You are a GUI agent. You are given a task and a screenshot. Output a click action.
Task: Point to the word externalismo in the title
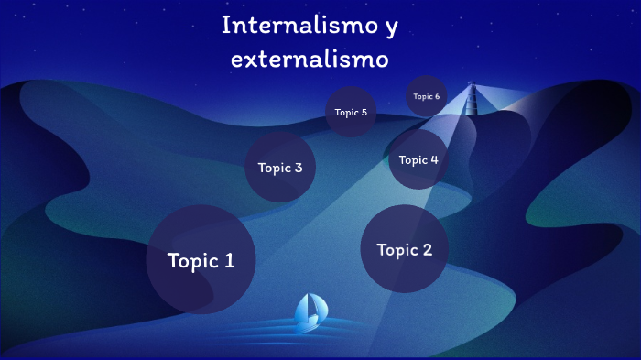310,59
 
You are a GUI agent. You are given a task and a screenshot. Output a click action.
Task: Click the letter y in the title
391,27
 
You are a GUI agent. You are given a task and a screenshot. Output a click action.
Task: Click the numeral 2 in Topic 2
427,249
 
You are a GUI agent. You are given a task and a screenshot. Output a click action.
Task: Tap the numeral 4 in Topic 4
434,159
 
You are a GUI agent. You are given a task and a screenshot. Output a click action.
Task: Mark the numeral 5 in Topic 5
364,113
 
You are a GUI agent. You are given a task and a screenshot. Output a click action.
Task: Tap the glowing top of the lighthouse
473,88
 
